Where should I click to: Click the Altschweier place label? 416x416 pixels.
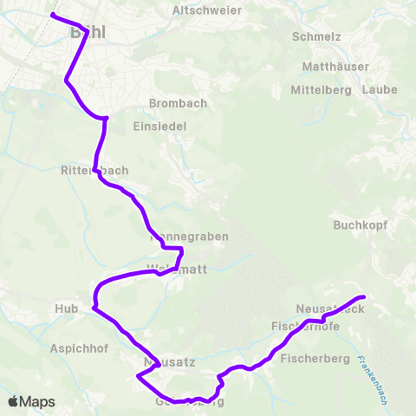point(207,10)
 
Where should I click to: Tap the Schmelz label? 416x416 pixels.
point(317,37)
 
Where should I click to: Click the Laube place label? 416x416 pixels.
point(380,89)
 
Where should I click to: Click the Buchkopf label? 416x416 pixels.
point(358,225)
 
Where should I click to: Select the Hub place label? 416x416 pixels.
point(66,309)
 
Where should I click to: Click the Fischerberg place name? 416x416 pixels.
point(315,359)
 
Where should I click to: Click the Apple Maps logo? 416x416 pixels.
point(31,402)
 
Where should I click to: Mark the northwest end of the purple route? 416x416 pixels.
point(53,16)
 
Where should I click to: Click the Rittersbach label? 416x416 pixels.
point(95,171)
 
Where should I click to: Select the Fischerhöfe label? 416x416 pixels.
point(305,326)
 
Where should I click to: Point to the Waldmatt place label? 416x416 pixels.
point(177,269)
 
